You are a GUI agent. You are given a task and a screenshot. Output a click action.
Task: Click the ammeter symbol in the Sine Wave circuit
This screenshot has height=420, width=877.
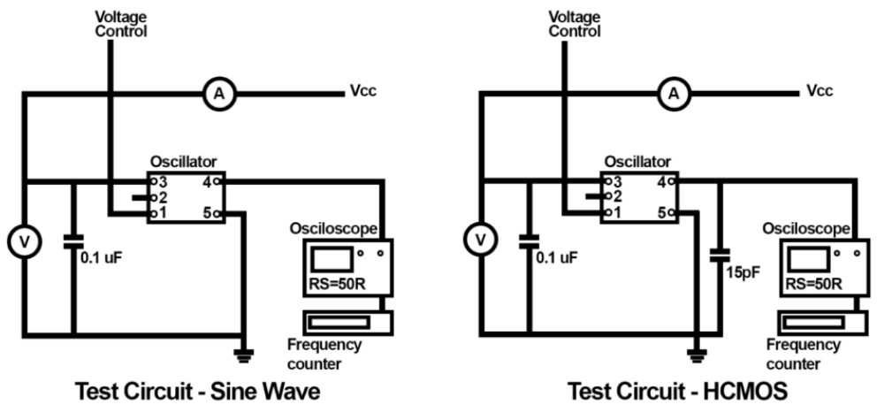pyautogui.click(x=215, y=93)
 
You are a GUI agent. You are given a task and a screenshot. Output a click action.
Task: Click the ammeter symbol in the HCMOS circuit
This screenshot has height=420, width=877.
pyautogui.click(x=675, y=93)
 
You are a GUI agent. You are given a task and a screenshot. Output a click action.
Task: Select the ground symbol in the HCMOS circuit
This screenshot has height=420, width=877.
pyautogui.click(x=698, y=355)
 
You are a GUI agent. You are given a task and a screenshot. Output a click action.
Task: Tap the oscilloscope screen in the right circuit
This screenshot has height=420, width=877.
pyautogui.click(x=804, y=259)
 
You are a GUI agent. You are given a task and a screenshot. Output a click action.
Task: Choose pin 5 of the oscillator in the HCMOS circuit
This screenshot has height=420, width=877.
pyautogui.click(x=672, y=213)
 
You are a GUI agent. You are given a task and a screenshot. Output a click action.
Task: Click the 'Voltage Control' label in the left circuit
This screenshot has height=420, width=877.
pyautogui.click(x=120, y=24)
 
